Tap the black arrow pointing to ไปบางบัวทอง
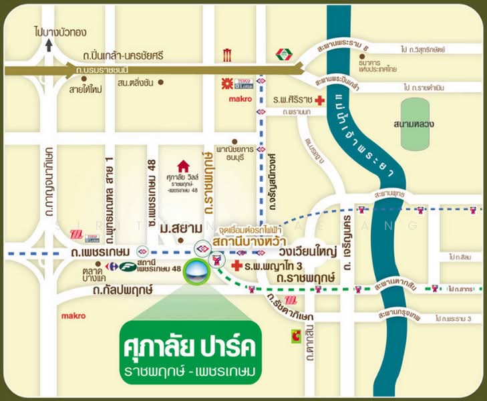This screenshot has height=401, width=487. click(x=49, y=45)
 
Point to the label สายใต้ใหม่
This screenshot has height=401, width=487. click(x=84, y=88)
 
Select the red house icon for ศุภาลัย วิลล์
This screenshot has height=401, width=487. click(x=183, y=166)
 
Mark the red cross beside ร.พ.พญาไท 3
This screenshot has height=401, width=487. click(x=236, y=266)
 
